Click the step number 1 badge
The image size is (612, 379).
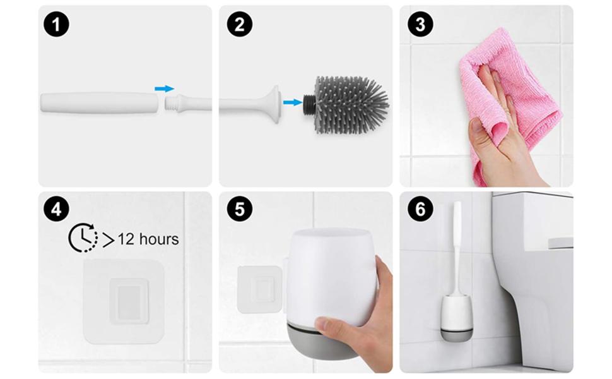56,25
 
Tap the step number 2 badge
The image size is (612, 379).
239,25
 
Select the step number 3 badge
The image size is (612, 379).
420,25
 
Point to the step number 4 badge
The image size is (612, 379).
56,209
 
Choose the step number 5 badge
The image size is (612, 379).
239,209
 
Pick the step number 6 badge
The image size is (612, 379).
420,209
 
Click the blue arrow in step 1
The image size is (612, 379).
164,88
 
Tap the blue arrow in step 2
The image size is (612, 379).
293,102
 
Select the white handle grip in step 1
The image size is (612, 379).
100,103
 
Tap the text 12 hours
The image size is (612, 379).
148,239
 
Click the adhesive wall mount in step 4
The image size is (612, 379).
124,301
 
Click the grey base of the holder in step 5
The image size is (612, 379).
322,339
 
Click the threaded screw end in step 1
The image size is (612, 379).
170,105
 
